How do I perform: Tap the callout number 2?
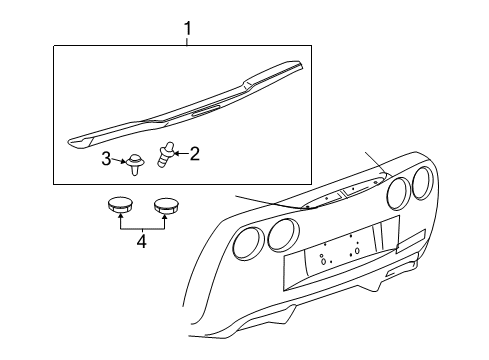(x=194, y=153)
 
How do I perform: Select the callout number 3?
(x=106, y=157)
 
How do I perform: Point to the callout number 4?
(x=141, y=241)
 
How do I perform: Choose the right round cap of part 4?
(x=164, y=208)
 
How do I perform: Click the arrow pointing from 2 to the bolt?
(x=180, y=153)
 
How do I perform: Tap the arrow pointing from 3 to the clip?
(x=119, y=157)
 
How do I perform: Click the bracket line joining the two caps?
(x=141, y=227)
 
